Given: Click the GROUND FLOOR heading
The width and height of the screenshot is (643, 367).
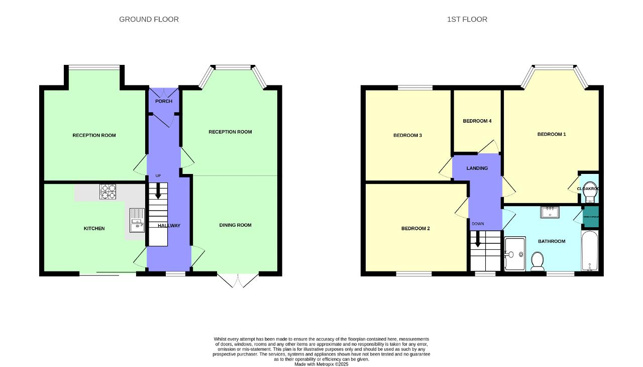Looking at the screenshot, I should (x=149, y=20).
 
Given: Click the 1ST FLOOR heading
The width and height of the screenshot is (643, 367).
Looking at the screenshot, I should (x=467, y=20).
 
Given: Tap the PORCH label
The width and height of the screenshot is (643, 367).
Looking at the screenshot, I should (x=164, y=102).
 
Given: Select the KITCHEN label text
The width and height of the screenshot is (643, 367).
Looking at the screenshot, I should (x=94, y=229).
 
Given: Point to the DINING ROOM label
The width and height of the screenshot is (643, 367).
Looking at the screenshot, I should (x=235, y=225).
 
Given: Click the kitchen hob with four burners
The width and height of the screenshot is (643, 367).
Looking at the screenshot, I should (x=108, y=192).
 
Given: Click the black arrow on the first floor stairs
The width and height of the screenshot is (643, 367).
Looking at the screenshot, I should (x=478, y=239).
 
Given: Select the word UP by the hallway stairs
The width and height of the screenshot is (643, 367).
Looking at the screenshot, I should (x=158, y=176).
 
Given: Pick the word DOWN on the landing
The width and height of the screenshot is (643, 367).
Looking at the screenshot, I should (x=478, y=224).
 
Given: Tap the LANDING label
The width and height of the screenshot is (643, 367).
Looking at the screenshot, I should (x=477, y=168).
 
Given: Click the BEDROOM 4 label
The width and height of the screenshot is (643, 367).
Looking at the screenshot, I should (x=477, y=121).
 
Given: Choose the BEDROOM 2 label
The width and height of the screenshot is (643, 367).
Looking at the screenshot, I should (x=415, y=229).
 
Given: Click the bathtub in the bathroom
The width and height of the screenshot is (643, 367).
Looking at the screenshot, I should (x=589, y=251).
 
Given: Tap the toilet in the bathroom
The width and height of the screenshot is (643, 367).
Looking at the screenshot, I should (x=538, y=261).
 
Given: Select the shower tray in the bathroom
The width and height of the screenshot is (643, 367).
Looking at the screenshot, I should (x=515, y=254).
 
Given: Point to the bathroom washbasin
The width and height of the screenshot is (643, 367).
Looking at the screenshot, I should (x=551, y=212).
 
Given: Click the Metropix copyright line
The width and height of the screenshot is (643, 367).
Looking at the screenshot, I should (x=321, y=364).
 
